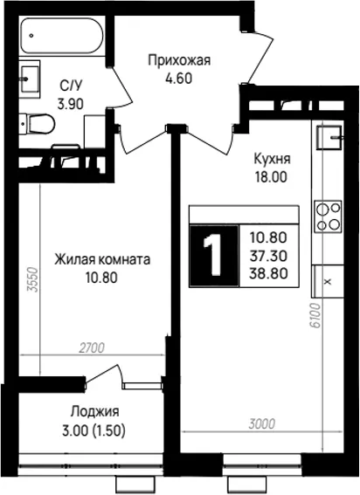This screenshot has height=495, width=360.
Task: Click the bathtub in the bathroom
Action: (62, 35)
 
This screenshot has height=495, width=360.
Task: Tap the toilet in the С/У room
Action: (38, 124)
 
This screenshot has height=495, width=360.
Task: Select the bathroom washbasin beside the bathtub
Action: (30, 79)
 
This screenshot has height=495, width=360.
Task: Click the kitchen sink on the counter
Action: (329, 137)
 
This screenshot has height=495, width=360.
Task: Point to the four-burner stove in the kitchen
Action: (328, 217)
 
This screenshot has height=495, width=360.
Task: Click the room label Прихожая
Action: (179, 60)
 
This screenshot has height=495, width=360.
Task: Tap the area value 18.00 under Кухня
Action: (271, 176)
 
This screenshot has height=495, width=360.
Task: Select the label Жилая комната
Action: (102, 260)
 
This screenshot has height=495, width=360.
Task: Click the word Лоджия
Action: (95, 412)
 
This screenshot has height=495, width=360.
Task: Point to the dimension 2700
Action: (92, 347)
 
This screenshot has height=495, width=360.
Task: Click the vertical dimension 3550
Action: (32, 279)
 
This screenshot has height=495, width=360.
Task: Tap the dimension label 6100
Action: (315, 316)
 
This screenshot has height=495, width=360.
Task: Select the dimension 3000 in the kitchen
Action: (262, 424)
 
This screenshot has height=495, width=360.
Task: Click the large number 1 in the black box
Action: (212, 256)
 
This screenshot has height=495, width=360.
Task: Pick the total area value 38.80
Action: (268, 273)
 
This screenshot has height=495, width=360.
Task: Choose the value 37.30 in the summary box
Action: (268, 256)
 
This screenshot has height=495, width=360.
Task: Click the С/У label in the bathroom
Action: (71, 86)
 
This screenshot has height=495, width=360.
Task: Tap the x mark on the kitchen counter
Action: (328, 281)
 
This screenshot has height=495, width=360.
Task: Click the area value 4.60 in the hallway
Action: (179, 78)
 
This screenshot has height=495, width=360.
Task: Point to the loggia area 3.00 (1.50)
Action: (93, 430)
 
